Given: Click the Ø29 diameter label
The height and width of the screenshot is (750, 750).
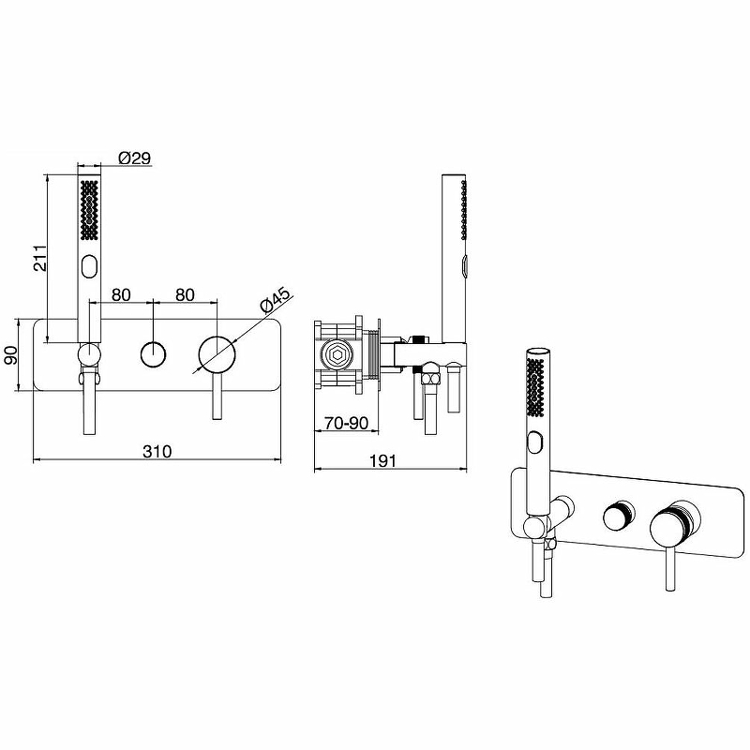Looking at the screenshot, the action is coord(134,157).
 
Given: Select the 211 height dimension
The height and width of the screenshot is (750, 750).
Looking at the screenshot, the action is coord(40,258).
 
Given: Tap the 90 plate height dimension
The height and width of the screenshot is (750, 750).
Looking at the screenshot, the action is coord(11,355).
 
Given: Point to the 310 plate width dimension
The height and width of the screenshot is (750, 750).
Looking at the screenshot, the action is coord(157,451).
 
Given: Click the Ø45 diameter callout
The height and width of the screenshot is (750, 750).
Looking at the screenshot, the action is coord(275,300).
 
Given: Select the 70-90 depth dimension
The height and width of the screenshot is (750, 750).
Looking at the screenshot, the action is coord(346,423).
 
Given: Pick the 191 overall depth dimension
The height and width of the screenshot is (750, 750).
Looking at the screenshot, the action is coord(383,460).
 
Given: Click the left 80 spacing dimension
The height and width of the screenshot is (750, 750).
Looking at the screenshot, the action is coord(121,294).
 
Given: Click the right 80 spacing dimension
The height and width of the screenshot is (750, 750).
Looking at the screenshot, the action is coord(185,294).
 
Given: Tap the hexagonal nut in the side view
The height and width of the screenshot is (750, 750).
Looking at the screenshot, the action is coord(337,355).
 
